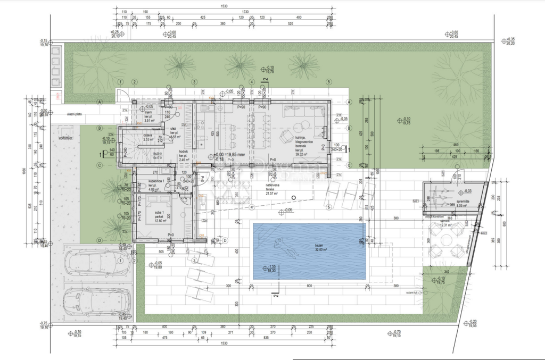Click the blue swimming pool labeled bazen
point(309,252)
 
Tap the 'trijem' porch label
point(149,113)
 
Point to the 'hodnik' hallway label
point(183,153)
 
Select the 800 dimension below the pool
point(309,286)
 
